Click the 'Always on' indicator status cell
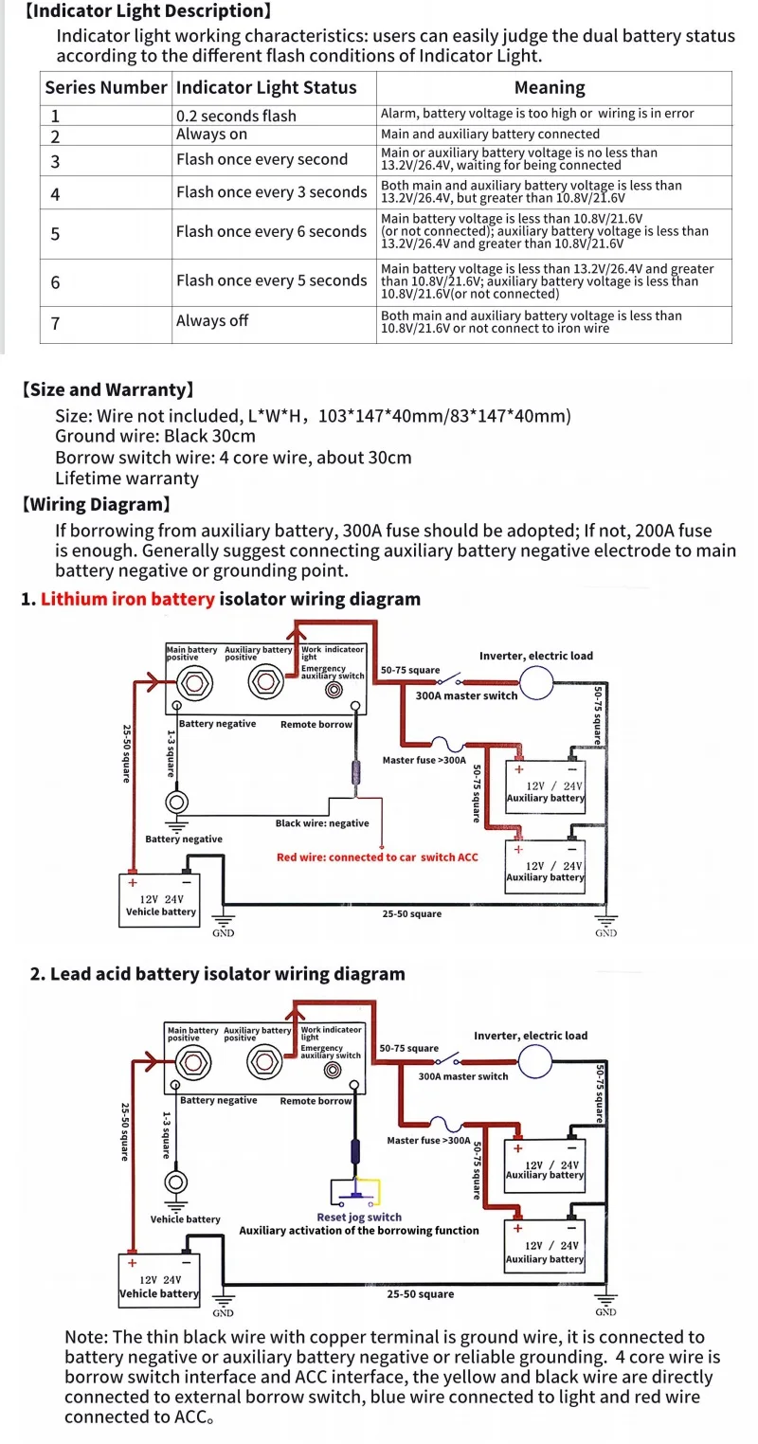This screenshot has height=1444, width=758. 211,135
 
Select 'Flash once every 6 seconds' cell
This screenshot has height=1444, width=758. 271,232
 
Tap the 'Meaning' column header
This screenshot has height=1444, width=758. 550,88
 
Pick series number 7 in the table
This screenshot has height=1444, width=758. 55,323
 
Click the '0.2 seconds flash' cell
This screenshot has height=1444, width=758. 236,116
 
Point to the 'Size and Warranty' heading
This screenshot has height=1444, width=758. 108,389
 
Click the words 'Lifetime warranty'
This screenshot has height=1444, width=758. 127,478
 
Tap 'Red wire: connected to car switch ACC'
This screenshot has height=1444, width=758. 377,857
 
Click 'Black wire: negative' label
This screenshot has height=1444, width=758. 322,823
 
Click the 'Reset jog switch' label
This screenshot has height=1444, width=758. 359,1218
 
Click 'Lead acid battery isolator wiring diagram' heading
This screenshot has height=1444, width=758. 218,974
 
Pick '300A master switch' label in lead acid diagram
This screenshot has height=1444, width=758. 463,1076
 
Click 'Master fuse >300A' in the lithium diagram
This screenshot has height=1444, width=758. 424,760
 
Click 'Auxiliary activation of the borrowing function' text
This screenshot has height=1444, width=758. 359,1231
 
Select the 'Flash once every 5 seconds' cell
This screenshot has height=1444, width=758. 271,280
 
